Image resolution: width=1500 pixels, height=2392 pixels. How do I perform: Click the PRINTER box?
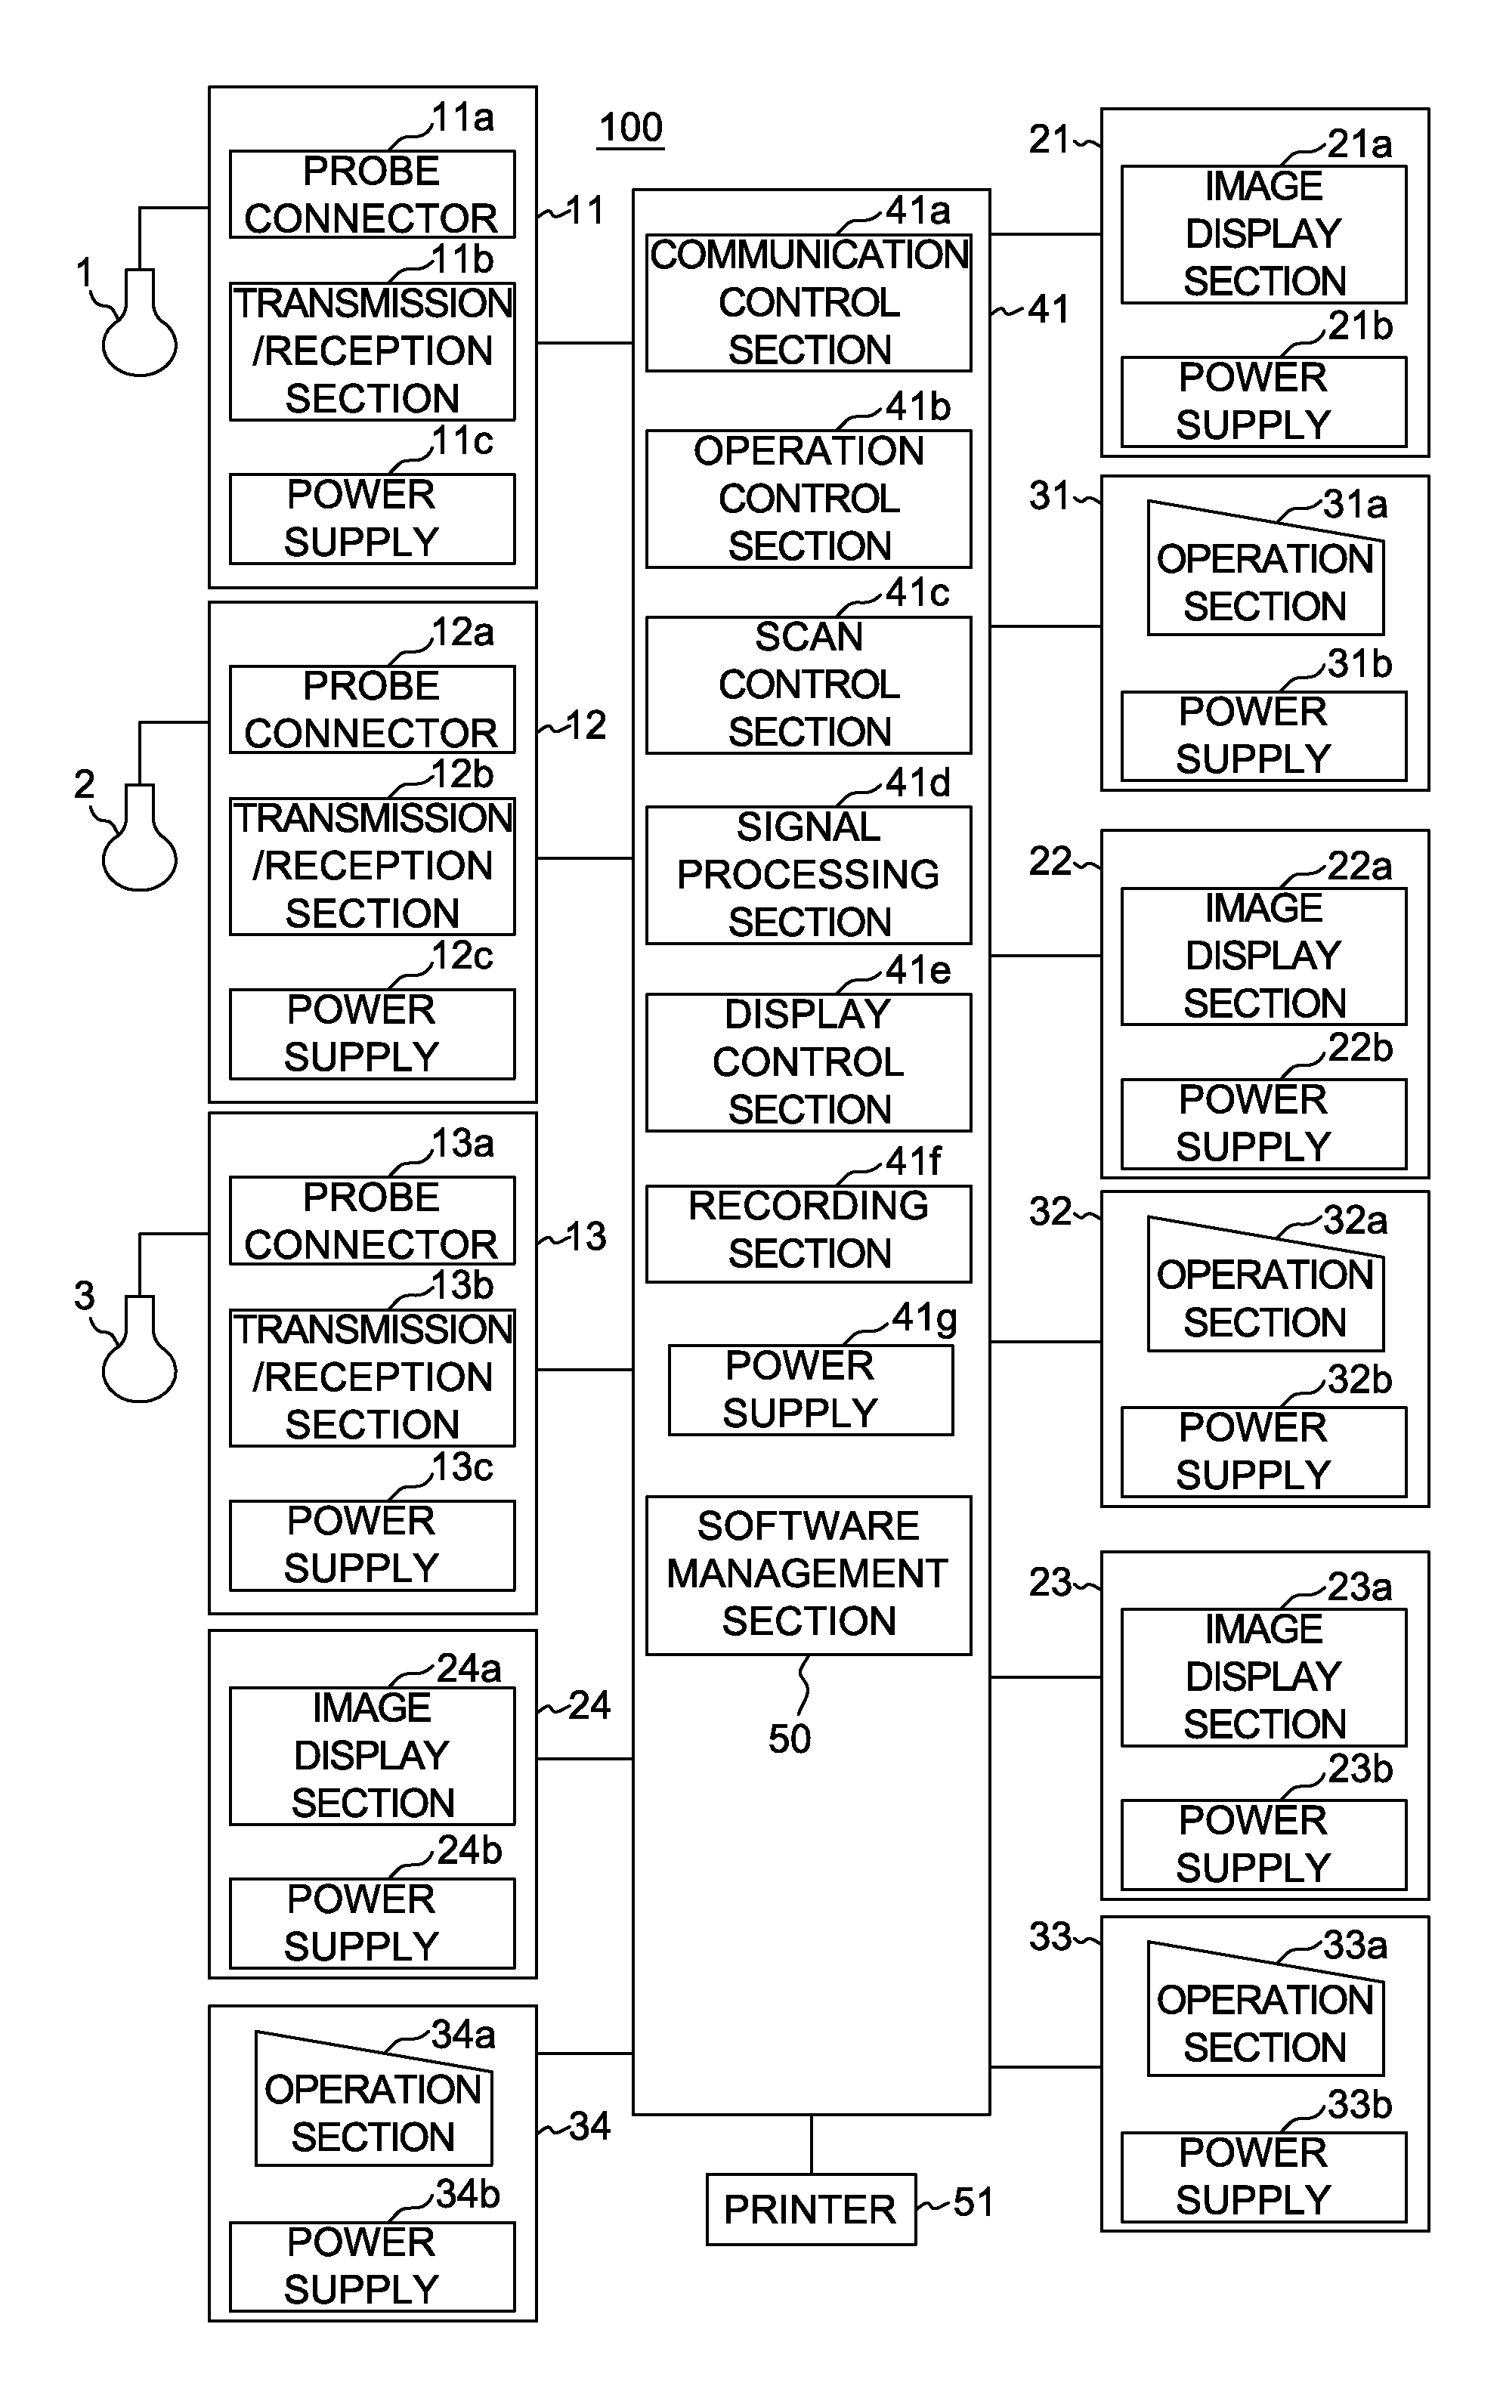(x=811, y=2208)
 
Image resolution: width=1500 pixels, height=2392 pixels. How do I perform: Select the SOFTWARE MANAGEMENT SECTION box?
(x=809, y=1575)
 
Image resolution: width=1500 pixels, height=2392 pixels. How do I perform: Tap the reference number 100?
(x=631, y=128)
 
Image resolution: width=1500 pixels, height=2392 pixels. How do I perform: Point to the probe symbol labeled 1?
(x=140, y=323)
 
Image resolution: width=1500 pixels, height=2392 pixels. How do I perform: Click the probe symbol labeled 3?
(x=140, y=1349)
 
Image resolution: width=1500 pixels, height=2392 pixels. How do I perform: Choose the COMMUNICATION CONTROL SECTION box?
(x=809, y=302)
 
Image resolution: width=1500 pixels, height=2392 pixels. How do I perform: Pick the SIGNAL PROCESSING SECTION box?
(x=809, y=875)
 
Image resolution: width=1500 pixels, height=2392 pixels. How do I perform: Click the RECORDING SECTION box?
(x=809, y=1234)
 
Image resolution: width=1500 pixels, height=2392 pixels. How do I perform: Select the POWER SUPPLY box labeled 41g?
(x=811, y=1389)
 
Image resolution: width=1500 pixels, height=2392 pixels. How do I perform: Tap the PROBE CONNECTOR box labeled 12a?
(x=372, y=709)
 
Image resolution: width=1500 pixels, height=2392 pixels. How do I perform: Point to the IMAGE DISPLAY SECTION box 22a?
(x=1264, y=956)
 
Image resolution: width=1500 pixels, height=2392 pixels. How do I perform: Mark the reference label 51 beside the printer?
(x=973, y=2202)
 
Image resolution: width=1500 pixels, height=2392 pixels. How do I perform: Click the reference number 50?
(x=790, y=1738)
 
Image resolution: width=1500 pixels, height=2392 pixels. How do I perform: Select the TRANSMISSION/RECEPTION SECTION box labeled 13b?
(x=372, y=1377)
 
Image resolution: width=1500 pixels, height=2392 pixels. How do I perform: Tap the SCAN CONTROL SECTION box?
(x=809, y=685)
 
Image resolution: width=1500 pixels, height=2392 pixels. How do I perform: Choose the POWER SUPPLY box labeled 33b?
(x=1264, y=2177)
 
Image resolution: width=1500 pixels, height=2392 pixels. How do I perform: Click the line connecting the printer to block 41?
(x=812, y=2144)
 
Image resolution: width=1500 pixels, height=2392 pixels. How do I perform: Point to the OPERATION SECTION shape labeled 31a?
(x=1266, y=568)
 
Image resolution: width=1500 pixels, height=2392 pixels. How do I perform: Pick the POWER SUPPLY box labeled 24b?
(x=372, y=1923)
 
